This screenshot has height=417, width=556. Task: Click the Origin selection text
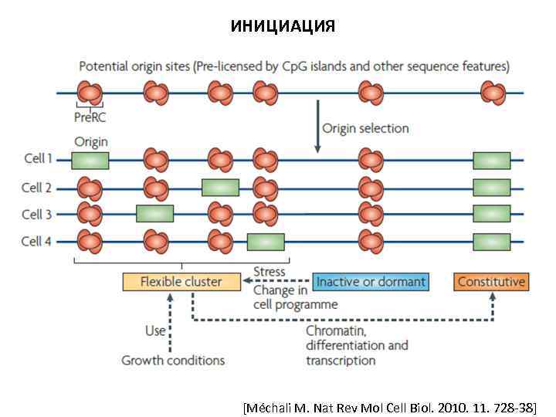tap(365, 128)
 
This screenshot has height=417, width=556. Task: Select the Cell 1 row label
tap(38, 159)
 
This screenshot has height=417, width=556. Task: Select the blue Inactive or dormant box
tap(370, 282)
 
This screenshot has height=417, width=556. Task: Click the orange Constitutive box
tap(491, 282)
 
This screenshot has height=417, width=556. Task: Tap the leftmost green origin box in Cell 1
tap(90, 160)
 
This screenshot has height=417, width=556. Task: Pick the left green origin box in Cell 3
tap(154, 214)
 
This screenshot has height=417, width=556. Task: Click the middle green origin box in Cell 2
tap(220, 187)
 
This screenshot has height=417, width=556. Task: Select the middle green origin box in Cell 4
tap(266, 242)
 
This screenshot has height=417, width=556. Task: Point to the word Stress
tap(270, 271)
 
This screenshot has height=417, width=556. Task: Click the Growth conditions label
tap(173, 360)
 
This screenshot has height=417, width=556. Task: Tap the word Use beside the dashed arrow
tap(155, 331)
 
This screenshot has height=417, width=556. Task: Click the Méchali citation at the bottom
tap(389, 405)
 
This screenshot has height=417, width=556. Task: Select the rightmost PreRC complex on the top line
tap(493, 93)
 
